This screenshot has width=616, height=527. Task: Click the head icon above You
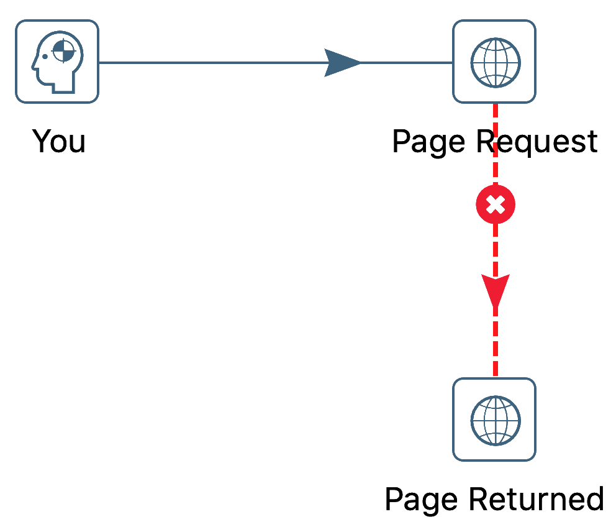tap(57, 62)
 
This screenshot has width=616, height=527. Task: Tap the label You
tap(58, 142)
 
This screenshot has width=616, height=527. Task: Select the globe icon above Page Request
tap(494, 62)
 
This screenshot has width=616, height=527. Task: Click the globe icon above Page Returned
tap(494, 419)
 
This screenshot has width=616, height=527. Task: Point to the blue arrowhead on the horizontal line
tap(342, 63)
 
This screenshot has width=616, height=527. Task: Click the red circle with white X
tap(495, 204)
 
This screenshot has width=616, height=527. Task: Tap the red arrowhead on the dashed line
tap(495, 290)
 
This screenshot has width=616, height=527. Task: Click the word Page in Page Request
tap(428, 142)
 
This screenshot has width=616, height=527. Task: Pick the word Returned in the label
tap(535, 500)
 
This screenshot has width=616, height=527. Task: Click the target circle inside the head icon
tap(63, 52)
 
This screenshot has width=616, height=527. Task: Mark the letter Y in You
tap(42, 141)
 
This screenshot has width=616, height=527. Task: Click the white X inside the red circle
tap(495, 204)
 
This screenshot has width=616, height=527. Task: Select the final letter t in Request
tap(590, 142)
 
